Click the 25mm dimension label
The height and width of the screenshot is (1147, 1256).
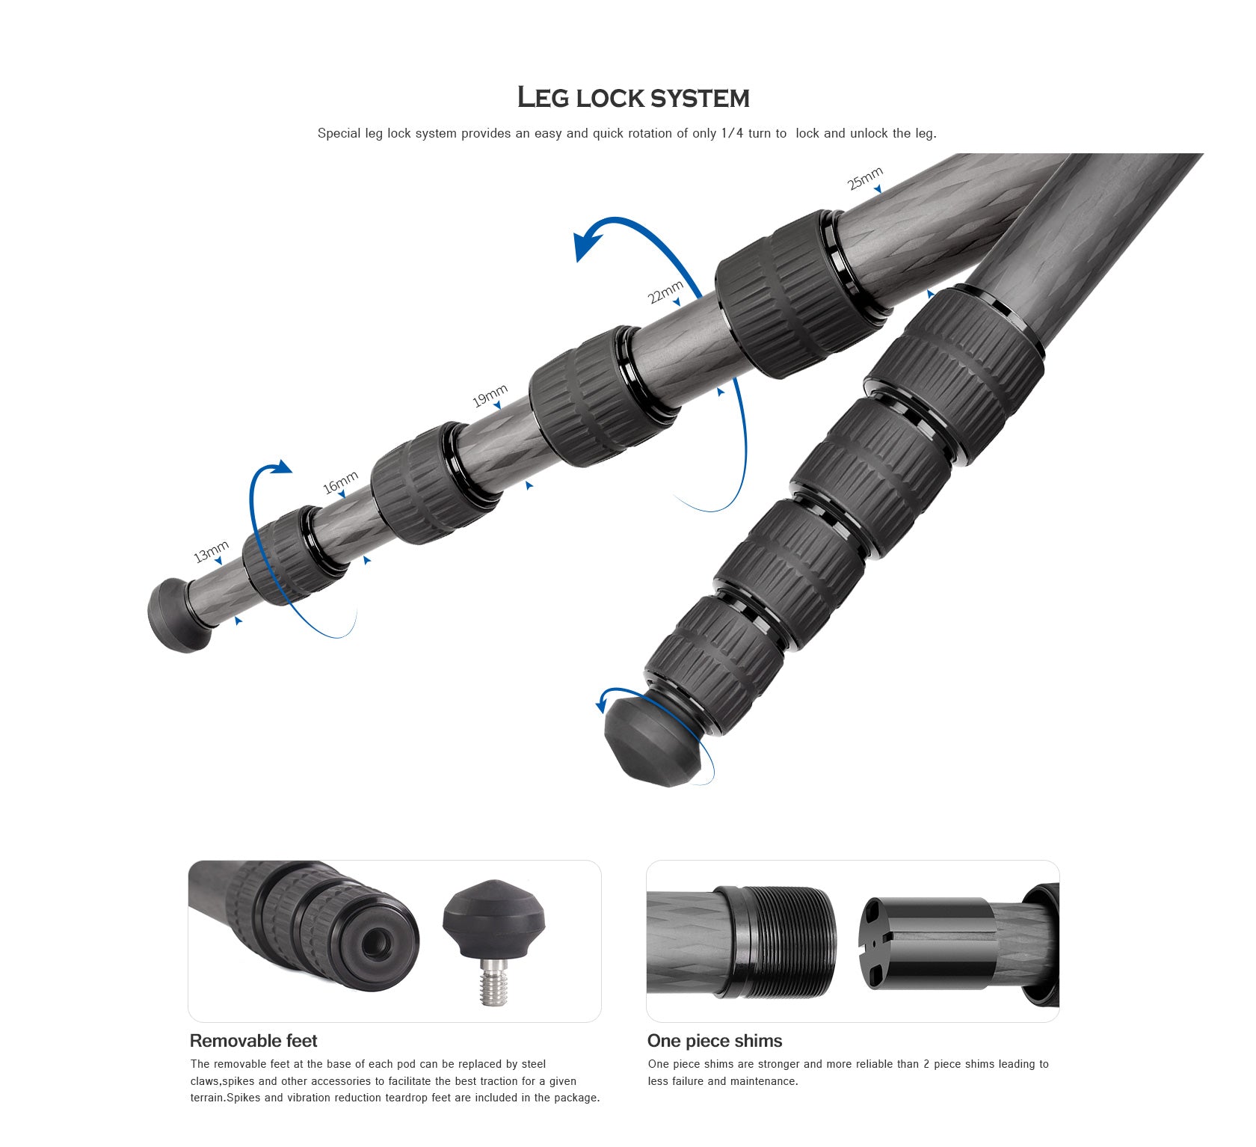(864, 179)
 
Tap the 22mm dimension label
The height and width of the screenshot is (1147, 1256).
(665, 292)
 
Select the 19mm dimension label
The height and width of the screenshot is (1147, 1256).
(490, 396)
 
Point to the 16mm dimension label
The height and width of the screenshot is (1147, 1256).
(340, 482)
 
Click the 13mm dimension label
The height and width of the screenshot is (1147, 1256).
(210, 551)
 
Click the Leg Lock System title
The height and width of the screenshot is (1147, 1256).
(633, 97)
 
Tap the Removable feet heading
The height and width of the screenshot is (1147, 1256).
(253, 1041)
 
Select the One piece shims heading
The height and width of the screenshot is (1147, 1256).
(715, 1041)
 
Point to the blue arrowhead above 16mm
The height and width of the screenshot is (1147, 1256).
(280, 467)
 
